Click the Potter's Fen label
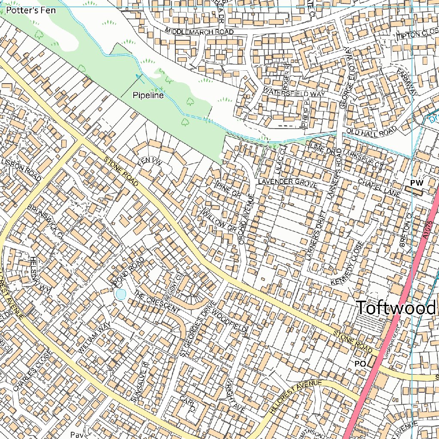coord(30,10)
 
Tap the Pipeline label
coord(148,95)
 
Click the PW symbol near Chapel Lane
coord(416,183)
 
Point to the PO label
coord(360,364)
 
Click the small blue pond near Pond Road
coord(121,295)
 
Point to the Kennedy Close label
coord(347,264)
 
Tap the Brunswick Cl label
coord(45,221)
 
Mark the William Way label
coord(95,338)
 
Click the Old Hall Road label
coord(372,130)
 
